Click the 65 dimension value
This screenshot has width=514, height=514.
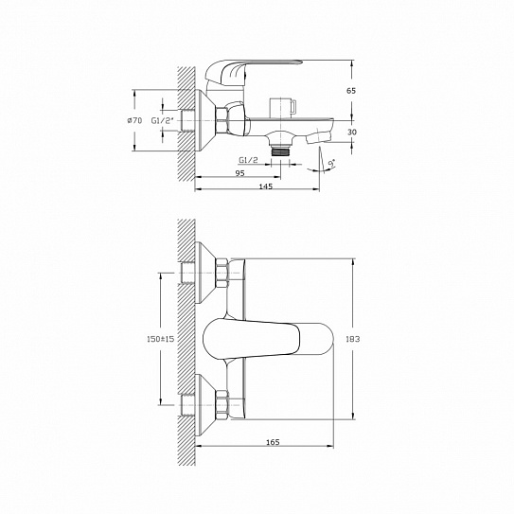[x=351, y=91]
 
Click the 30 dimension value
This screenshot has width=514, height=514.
[x=352, y=133]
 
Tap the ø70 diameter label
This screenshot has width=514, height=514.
[x=134, y=120]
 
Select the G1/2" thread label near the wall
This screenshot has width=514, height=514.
[x=162, y=120]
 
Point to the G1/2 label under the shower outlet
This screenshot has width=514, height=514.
[x=248, y=160]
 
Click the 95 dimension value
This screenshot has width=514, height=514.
[x=239, y=173]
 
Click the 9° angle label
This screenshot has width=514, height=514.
[x=332, y=163]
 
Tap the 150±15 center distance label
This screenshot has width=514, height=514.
[x=160, y=339]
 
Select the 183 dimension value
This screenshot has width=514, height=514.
[x=353, y=339]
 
